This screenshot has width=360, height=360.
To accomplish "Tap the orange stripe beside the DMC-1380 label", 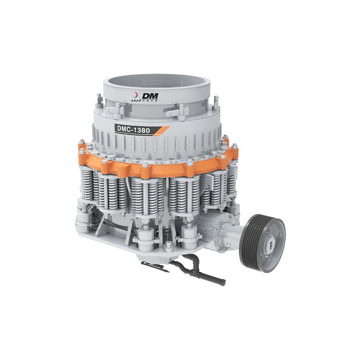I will (x=162, y=130).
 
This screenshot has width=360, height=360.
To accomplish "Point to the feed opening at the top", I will (x=157, y=83).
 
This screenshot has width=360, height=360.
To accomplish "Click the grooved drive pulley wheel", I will (x=262, y=243).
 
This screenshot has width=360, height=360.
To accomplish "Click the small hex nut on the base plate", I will (x=168, y=245).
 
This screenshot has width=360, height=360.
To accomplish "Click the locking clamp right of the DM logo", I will (x=177, y=111).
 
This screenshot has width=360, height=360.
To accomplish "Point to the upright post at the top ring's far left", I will (x=99, y=101).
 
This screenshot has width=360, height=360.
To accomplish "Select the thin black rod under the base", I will (x=155, y=266).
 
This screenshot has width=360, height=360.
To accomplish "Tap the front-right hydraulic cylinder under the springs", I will (x=190, y=236).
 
